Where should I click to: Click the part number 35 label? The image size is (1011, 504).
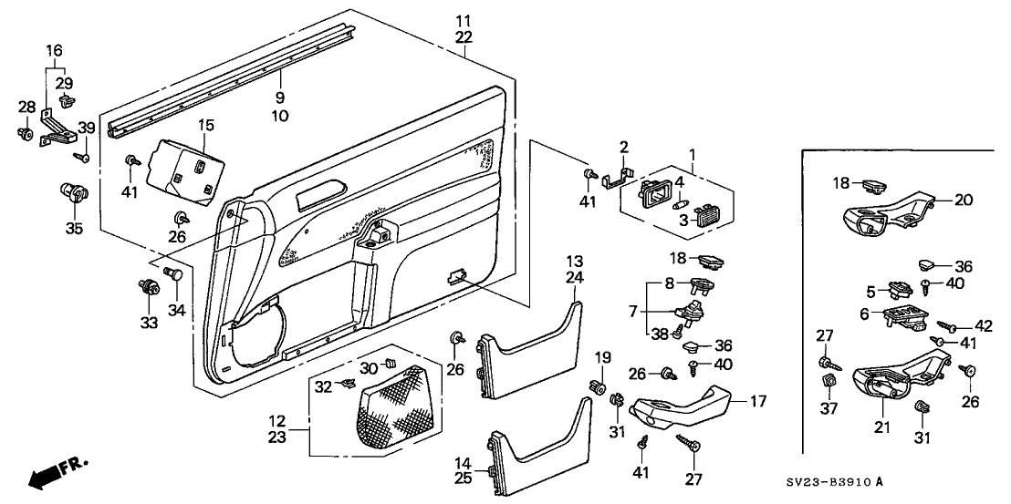[x=74, y=229]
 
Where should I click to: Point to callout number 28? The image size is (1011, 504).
[x=26, y=108]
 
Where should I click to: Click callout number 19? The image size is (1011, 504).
[x=601, y=355]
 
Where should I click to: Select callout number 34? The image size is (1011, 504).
[x=177, y=311]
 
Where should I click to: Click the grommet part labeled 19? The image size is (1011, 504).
[x=600, y=386]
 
